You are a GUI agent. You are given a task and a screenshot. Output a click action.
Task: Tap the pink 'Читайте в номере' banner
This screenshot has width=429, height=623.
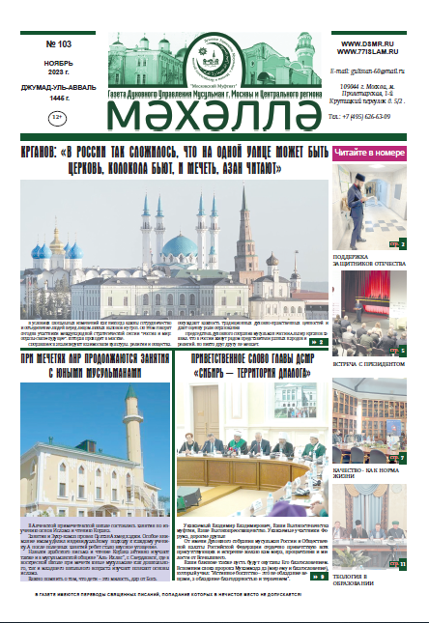coord(372,153)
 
